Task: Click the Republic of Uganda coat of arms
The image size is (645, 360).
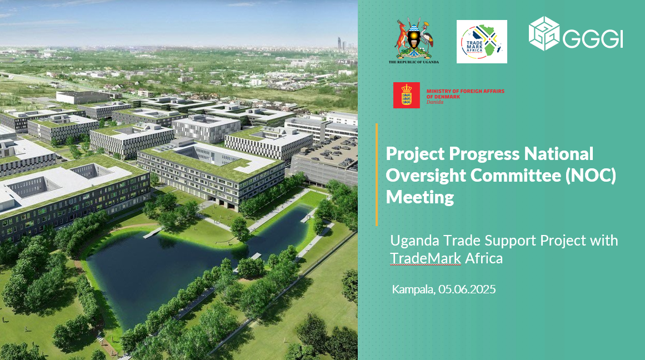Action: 413,41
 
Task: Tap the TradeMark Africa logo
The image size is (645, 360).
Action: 482,42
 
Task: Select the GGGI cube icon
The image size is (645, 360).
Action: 544,33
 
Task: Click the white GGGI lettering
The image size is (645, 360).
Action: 593,39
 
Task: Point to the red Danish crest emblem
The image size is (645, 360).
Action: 407,95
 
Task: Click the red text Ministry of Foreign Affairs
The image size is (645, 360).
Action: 465,91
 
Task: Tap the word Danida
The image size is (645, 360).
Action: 435,102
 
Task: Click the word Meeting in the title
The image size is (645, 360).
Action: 419,197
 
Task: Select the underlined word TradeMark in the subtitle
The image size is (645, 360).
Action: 426,258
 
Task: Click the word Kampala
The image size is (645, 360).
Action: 413,289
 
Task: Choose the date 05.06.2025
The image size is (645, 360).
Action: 467,289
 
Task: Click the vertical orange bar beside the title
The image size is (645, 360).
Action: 376,174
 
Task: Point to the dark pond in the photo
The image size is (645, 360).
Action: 164,267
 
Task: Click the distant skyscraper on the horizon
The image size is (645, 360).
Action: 339,44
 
